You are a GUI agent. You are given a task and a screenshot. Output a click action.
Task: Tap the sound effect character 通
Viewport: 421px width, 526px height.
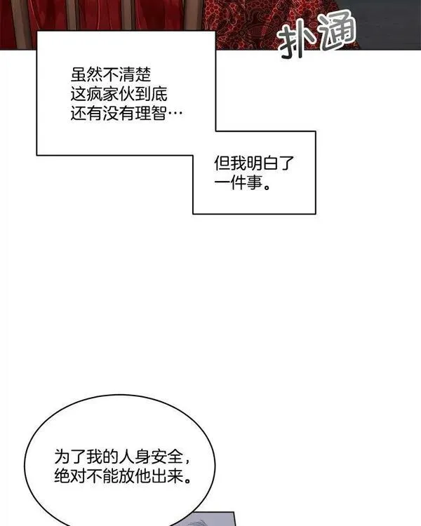[x=336, y=31]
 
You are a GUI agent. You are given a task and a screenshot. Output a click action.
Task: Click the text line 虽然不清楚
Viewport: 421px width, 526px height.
[x=111, y=75]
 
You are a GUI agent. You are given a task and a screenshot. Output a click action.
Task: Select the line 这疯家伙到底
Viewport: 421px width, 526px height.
[x=119, y=94]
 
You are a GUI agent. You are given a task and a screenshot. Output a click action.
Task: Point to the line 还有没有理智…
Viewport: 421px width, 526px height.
[x=126, y=114]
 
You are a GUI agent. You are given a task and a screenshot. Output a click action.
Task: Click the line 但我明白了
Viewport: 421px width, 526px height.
[x=254, y=163]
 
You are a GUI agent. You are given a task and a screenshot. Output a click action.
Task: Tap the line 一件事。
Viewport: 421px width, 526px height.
[x=242, y=183]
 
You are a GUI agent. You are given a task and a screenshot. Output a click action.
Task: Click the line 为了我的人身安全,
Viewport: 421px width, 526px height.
[x=123, y=457]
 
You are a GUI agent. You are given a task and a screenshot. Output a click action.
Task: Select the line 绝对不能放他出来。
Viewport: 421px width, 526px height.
[x=123, y=476]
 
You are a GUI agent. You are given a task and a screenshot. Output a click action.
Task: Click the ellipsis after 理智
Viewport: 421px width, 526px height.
[x=175, y=114]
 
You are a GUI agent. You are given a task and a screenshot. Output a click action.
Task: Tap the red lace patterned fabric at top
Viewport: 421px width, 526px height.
[x=255, y=23]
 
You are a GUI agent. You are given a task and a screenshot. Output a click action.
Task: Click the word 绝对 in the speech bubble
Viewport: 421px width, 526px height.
[x=70, y=476]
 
